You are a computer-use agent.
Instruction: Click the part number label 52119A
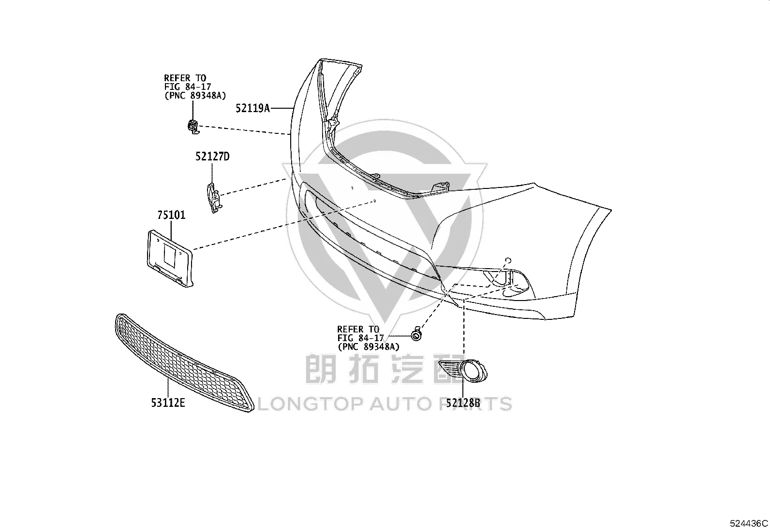[252, 108]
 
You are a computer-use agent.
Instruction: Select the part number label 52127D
[212, 157]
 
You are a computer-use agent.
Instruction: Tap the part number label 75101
[171, 215]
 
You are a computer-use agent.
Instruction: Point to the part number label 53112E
[168, 402]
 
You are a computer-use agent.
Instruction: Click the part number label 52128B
[463, 402]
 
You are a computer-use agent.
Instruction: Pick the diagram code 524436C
[749, 523]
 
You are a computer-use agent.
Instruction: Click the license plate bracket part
[170, 258]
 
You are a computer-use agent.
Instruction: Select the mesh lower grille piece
[184, 362]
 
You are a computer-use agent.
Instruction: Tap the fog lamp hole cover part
[463, 371]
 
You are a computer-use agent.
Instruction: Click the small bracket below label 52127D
[214, 198]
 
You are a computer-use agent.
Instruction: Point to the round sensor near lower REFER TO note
[416, 334]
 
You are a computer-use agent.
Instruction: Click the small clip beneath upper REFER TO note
[193, 127]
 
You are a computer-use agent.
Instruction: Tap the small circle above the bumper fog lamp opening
[508, 261]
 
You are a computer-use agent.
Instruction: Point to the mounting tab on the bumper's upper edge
[441, 187]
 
